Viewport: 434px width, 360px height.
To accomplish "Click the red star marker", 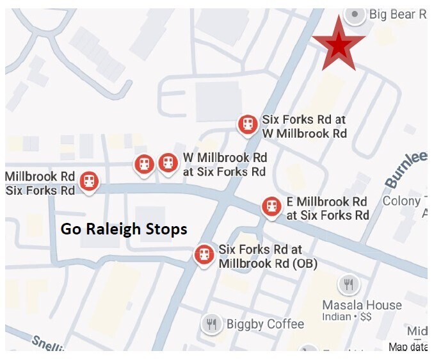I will (339, 45).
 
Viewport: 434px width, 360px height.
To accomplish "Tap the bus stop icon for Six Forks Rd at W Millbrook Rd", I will (248, 124).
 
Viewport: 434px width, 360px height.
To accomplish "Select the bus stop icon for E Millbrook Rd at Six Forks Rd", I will (272, 206).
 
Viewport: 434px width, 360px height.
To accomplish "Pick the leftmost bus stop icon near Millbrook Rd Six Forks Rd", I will (89, 181).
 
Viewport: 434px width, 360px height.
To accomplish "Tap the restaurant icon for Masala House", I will (348, 284).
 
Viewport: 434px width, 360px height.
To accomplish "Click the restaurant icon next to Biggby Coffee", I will (212, 323).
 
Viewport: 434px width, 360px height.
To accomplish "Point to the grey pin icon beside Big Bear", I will (355, 14).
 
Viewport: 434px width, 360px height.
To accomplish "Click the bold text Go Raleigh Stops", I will (124, 229).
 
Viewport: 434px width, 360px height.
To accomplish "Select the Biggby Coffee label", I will (265, 324).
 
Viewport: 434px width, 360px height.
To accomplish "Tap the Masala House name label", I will (362, 305).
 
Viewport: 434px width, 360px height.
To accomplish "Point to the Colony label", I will (402, 201).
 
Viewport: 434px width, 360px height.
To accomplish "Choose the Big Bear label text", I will (398, 14).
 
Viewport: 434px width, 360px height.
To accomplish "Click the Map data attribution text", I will (408, 347).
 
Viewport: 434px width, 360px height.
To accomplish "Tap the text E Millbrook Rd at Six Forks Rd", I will (327, 208).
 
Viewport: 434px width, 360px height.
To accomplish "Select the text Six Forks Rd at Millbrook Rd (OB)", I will (268, 256).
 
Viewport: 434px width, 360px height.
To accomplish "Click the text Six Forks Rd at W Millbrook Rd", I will (304, 127).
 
